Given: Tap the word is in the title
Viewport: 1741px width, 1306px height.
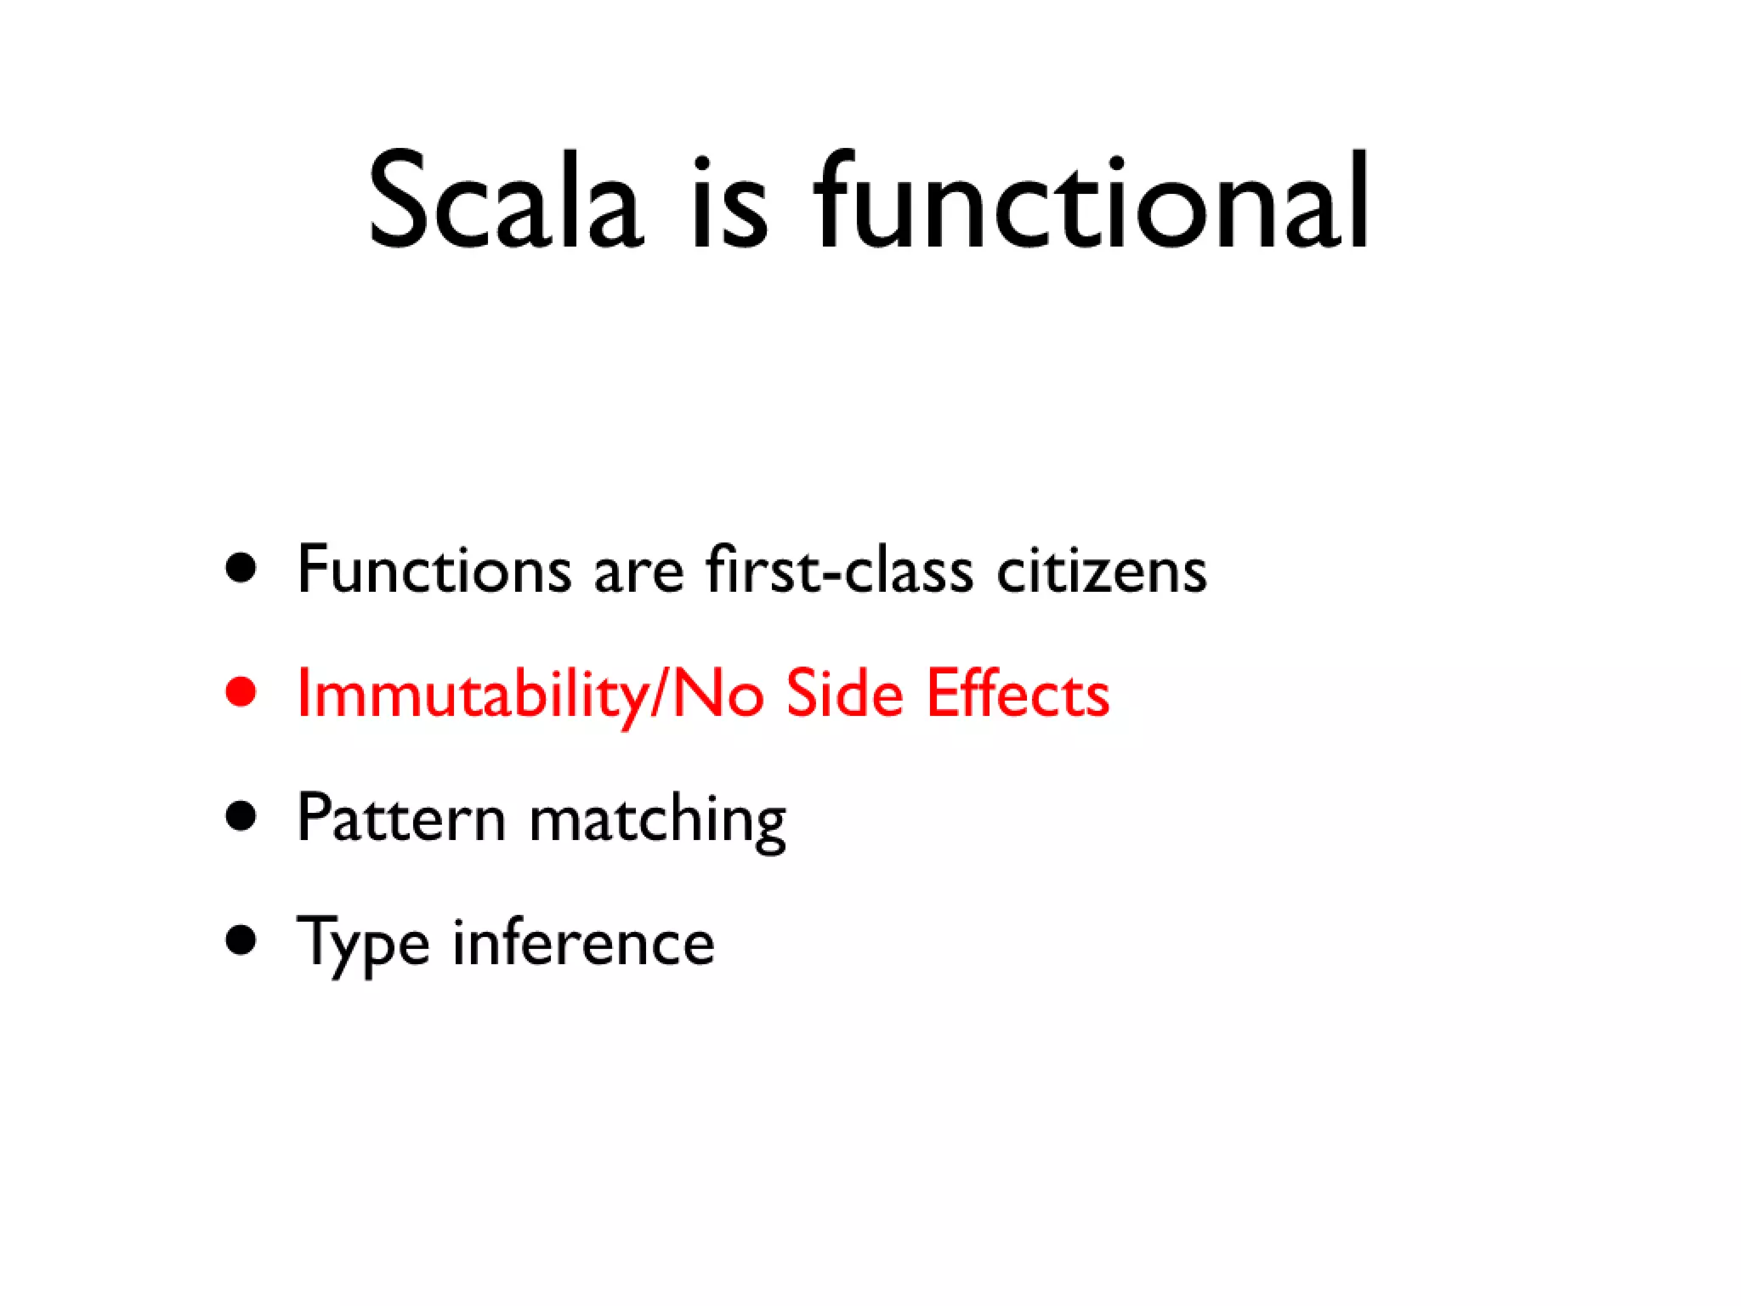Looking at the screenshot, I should pos(729,204).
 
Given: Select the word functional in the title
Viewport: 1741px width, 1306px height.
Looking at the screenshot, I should pos(1090,202).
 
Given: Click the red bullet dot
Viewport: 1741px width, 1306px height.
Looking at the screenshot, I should pos(241,691).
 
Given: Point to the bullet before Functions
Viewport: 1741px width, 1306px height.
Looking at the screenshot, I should pos(241,568).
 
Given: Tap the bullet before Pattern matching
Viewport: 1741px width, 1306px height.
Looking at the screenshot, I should pos(241,816).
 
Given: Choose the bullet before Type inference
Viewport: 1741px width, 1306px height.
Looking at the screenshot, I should pos(241,940).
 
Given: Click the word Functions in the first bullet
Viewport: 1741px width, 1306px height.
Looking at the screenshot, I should pos(434,569).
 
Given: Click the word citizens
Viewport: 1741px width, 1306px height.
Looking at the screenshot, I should pos(1101,569).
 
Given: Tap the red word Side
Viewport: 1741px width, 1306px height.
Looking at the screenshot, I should pos(843,693).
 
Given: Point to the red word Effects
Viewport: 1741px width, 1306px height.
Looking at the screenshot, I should pos(1018,693).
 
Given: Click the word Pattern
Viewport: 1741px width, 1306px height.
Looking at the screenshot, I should pos(401,818).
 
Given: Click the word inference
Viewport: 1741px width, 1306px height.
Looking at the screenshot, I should pos(583,942).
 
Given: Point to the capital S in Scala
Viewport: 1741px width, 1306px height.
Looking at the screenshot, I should pos(397,202).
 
